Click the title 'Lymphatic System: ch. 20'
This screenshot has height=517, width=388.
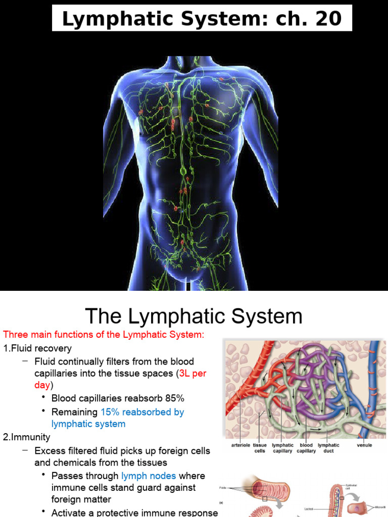[x=201, y=19]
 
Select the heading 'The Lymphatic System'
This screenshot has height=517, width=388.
[x=193, y=317]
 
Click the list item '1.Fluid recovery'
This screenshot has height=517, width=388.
[x=37, y=348]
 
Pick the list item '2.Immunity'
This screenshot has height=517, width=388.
[x=27, y=437]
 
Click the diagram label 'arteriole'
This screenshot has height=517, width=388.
[x=241, y=445]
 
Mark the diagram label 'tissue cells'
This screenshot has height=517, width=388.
[x=260, y=448]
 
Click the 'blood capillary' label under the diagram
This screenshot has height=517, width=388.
[x=307, y=448]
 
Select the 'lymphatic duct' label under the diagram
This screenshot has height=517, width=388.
[x=328, y=448]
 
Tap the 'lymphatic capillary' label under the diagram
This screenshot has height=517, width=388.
[x=283, y=448]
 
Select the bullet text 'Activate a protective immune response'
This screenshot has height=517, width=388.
[x=134, y=512]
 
